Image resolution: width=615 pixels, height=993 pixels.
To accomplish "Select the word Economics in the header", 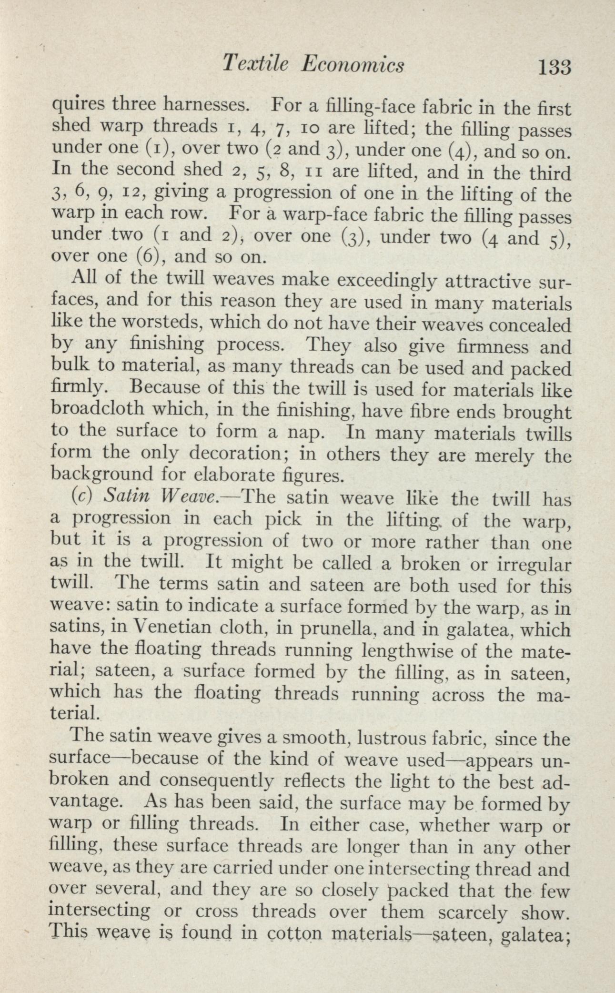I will pyautogui.click(x=353, y=64).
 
